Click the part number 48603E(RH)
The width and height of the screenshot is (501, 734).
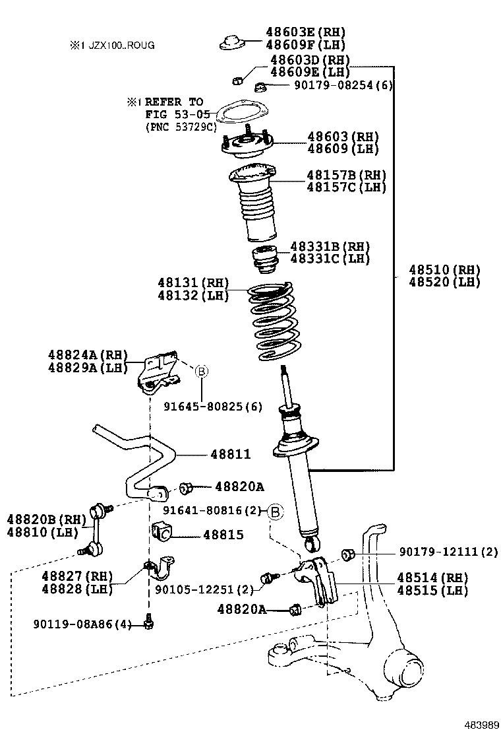coord(305,32)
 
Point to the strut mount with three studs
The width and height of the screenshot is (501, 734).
coord(247,145)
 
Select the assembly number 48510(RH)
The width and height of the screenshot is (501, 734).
coord(444,270)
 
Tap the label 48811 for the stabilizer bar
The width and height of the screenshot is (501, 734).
coord(231,455)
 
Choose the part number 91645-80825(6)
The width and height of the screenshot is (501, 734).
coord(212,407)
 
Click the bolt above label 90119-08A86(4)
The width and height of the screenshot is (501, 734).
coord(150,620)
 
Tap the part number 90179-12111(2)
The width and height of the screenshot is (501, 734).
coord(448,552)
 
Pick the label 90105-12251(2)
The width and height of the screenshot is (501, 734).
coord(204,589)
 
